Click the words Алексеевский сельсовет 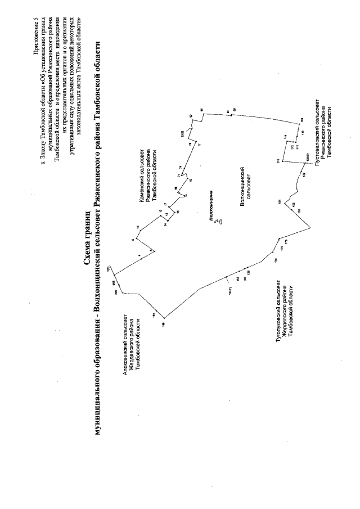[124, 349]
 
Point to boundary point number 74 [179, 167]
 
